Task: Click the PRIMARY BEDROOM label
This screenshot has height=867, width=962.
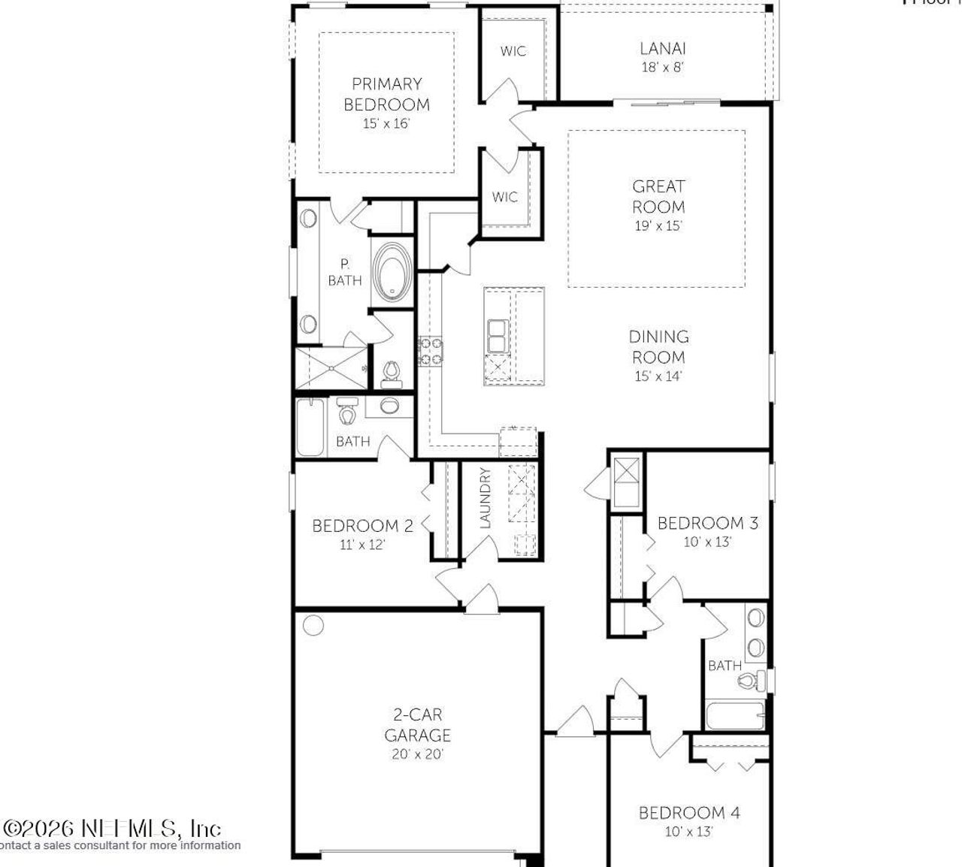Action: tap(386, 94)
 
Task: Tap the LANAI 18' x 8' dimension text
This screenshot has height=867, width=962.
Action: tap(662, 67)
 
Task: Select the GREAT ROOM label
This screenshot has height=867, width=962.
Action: tap(658, 196)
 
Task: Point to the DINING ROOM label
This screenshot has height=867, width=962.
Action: tap(658, 346)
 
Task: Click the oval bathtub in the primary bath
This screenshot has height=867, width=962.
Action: tap(392, 272)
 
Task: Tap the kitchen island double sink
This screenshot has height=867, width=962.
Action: tap(497, 336)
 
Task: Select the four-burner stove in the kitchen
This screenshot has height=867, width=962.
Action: tap(431, 352)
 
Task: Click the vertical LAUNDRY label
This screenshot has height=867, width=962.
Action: tap(485, 497)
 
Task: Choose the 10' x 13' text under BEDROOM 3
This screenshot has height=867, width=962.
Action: tap(707, 542)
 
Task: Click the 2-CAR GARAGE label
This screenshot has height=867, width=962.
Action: tap(418, 724)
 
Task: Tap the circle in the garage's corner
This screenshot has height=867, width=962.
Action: tap(313, 625)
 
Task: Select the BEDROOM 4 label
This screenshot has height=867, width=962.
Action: tap(689, 812)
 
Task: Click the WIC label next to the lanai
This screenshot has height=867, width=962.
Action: tap(513, 51)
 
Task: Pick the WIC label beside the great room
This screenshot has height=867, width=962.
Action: tap(504, 197)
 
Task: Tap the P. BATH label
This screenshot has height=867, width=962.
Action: tap(344, 272)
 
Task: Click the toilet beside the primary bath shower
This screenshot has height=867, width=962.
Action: tap(391, 373)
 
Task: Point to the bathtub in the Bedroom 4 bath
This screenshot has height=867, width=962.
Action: tap(735, 715)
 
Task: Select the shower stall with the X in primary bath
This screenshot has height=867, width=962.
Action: tap(331, 367)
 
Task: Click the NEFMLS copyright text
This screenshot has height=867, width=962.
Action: tap(113, 829)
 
